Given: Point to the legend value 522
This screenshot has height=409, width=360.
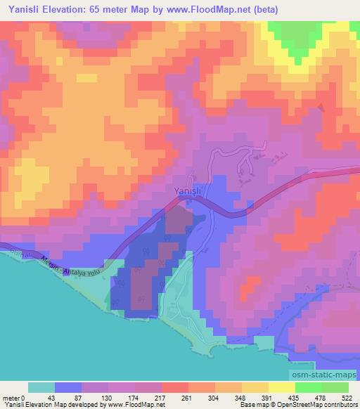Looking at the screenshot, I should (x=347, y=398).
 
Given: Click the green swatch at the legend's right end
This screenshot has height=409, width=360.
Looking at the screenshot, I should (x=336, y=387).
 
